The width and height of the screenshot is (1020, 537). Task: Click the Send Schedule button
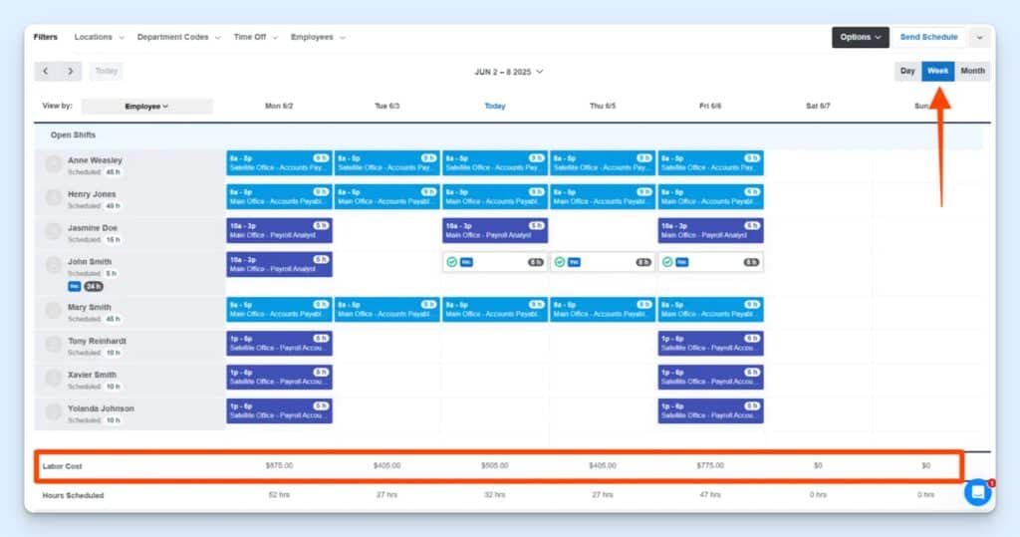pyautogui.click(x=928, y=37)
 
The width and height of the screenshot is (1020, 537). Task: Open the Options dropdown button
pyautogui.click(x=860, y=37)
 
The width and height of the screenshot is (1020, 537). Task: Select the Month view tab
pyautogui.click(x=972, y=71)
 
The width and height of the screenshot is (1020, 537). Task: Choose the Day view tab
pyautogui.click(x=907, y=71)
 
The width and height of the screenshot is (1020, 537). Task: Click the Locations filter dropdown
pyautogui.click(x=99, y=37)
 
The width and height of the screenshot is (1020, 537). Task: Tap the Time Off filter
pyautogui.click(x=255, y=37)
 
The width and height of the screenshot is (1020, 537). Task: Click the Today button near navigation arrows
pyautogui.click(x=107, y=71)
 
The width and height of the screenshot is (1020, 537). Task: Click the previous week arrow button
pyautogui.click(x=47, y=71)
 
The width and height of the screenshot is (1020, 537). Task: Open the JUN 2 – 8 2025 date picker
pyautogui.click(x=509, y=72)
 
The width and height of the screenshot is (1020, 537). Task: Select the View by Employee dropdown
pyautogui.click(x=146, y=106)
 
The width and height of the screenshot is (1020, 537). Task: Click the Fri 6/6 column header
pyautogui.click(x=710, y=106)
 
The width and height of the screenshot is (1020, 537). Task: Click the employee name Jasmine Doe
pyautogui.click(x=94, y=227)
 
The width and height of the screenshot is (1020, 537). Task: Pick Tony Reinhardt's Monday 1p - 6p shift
pyautogui.click(x=279, y=344)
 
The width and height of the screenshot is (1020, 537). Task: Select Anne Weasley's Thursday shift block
pyautogui.click(x=603, y=162)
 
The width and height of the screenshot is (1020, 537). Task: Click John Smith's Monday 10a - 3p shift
pyautogui.click(x=279, y=264)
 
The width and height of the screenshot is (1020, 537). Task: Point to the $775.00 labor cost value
pyautogui.click(x=710, y=465)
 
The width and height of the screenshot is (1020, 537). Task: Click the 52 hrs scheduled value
pyautogui.click(x=279, y=494)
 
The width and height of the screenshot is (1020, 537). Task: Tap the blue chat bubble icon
pyautogui.click(x=977, y=492)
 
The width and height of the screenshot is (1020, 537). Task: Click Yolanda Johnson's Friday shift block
pyautogui.click(x=710, y=410)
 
